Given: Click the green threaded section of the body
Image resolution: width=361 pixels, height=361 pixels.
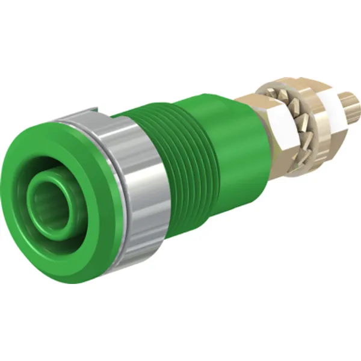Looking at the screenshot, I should (180, 156).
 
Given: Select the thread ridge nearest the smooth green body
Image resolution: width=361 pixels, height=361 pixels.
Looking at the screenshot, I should (208, 150).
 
